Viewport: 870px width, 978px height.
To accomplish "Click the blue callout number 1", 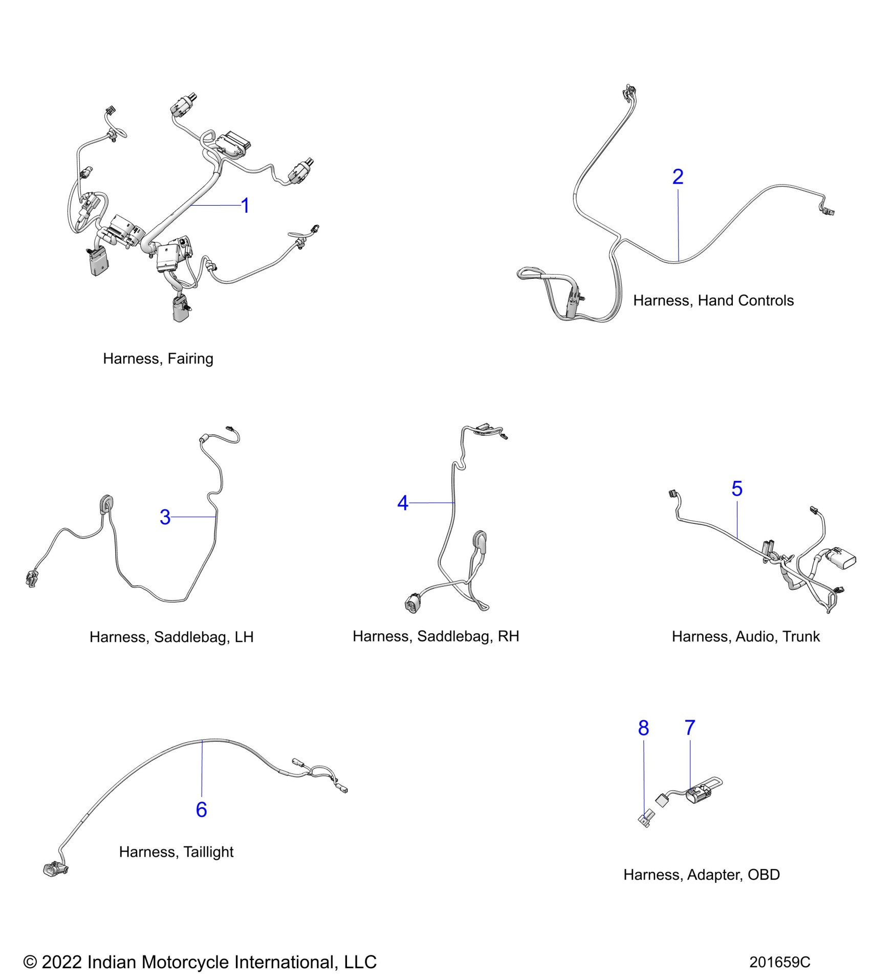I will (x=245, y=206).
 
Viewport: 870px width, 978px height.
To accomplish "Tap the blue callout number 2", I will (x=678, y=177).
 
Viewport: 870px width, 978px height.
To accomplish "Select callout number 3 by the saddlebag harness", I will (x=165, y=517).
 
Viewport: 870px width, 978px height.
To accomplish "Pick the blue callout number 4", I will (x=403, y=503).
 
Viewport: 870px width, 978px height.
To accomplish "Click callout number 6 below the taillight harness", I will (x=202, y=809).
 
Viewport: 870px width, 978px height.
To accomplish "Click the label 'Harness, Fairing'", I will (x=158, y=359).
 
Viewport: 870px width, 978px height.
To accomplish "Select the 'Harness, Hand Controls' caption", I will (x=713, y=300).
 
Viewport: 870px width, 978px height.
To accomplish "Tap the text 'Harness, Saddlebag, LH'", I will (x=171, y=637).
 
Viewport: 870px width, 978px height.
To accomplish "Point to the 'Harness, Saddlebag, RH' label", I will (x=436, y=636).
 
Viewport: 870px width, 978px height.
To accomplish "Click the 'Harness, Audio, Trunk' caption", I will (x=746, y=636).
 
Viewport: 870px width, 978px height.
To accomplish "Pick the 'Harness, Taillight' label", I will (x=176, y=852).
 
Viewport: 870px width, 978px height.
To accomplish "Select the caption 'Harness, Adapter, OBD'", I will (x=702, y=875).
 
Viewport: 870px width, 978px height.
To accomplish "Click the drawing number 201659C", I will (x=779, y=962).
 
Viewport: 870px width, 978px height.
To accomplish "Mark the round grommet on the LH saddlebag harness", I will (x=106, y=504).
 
